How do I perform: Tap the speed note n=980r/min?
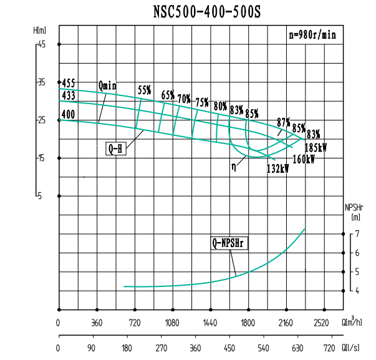click(312, 36)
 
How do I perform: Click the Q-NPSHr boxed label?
click(229, 243)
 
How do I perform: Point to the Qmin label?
click(107, 85)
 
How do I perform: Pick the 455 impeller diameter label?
click(69, 83)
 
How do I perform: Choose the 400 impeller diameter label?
click(69, 114)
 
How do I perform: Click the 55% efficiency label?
click(145, 90)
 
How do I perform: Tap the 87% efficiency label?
click(284, 122)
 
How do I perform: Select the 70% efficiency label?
click(184, 99)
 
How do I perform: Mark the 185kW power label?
click(316, 148)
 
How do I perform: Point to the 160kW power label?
click(303, 158)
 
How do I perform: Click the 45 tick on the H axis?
click(42, 44)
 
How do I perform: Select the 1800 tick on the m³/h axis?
click(248, 324)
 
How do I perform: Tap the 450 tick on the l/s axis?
click(229, 348)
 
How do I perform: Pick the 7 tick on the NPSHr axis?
click(357, 233)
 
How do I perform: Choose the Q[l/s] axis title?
click(350, 348)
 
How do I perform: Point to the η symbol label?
click(233, 167)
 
